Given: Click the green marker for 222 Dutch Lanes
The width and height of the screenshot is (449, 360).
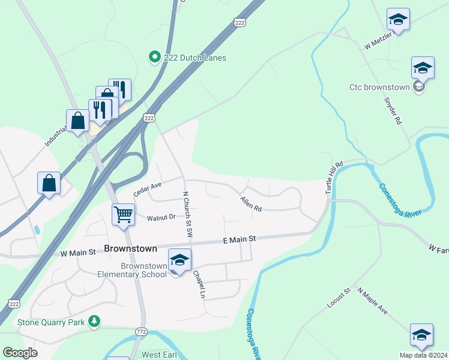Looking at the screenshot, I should pos(154,57).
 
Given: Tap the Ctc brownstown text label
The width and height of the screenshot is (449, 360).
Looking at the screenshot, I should pos(379,87).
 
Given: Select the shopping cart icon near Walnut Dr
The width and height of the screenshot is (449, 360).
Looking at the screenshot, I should pos(123,214).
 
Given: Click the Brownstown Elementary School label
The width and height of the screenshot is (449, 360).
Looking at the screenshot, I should pos(135,270).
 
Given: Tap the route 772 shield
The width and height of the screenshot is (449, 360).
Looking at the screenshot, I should pos(141,332).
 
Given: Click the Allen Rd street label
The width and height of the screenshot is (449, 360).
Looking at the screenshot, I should pos(251,204).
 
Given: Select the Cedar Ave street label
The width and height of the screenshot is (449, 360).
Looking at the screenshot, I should pos(148,189).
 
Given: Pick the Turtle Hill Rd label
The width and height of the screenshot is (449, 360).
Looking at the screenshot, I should pos(334,176).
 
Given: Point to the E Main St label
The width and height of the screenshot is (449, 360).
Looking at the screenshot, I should pos(240,239).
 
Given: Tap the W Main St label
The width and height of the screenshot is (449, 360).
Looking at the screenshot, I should pos(78,253).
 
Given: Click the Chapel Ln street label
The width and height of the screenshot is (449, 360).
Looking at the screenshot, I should pos(199,284).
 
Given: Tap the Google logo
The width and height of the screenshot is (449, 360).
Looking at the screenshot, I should pos(19,353).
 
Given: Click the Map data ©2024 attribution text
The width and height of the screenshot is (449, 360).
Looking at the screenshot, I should pos(423,355).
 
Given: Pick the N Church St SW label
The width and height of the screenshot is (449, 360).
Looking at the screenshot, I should pos(187,213).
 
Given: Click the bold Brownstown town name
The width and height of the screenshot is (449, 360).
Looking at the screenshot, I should pos(130,248).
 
